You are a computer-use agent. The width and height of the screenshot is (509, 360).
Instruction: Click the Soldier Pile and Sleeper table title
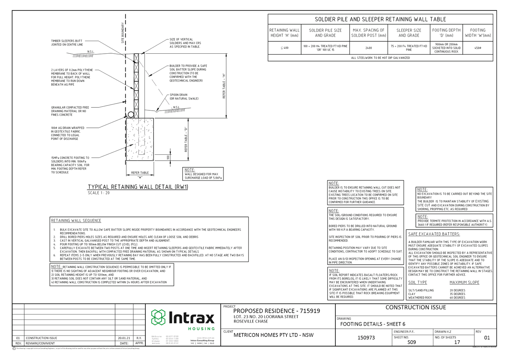(380, 19)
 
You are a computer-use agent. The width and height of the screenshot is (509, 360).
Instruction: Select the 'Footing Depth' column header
(446, 33)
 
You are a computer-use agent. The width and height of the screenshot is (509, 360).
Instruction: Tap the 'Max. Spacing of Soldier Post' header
(369, 33)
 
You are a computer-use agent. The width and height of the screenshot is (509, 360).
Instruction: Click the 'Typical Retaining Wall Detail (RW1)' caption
(138, 187)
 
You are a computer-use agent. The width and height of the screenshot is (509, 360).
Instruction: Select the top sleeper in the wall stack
(136, 58)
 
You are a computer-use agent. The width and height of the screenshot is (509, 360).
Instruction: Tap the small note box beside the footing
(203, 174)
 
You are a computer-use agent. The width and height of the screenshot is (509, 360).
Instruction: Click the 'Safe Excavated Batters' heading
(434, 234)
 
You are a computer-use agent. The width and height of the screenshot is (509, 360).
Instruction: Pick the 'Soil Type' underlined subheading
(417, 282)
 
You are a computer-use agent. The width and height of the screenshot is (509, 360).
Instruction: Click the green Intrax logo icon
(158, 318)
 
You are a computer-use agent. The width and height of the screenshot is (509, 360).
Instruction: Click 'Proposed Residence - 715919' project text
(276, 311)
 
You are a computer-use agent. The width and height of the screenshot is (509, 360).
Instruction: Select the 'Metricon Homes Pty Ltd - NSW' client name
(273, 335)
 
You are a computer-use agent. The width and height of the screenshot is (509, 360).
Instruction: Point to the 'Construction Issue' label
(415, 307)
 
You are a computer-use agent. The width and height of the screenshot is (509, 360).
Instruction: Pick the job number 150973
(366, 338)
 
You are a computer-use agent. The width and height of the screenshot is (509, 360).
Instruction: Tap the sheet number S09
(411, 342)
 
